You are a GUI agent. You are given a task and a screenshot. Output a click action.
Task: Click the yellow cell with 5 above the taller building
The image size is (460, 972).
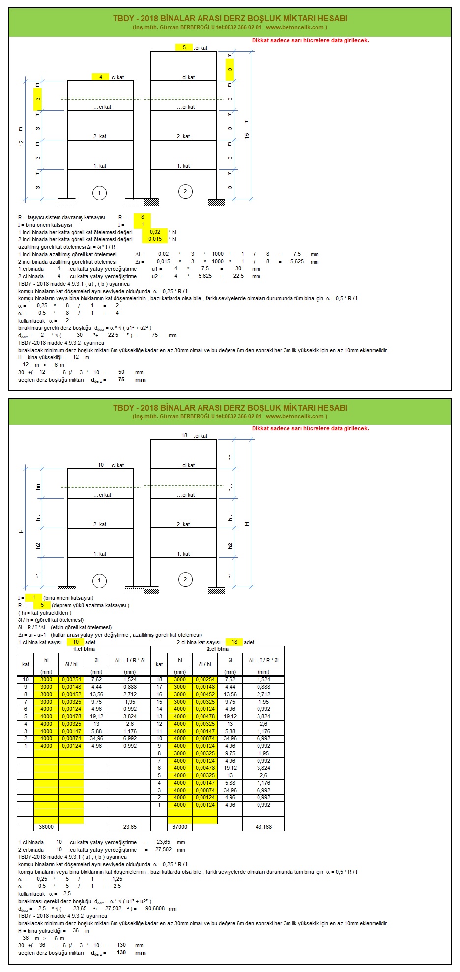(184, 47)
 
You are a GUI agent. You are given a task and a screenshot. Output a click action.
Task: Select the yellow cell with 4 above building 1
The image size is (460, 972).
(101, 77)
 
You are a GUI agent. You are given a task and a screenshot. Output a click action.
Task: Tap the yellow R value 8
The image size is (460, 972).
(143, 217)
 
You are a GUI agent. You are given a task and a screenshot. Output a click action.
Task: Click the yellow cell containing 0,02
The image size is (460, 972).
(155, 232)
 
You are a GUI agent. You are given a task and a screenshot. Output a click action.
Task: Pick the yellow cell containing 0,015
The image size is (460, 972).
(155, 239)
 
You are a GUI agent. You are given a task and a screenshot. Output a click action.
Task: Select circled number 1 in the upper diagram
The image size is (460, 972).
(99, 193)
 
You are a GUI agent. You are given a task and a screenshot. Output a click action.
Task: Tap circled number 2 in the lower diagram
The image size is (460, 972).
(185, 579)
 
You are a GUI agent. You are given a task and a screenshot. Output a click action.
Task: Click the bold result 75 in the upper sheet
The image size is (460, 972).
(121, 379)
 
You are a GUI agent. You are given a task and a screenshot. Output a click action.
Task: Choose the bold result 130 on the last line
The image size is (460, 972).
(121, 952)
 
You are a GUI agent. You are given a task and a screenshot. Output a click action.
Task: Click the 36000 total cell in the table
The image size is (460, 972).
(46, 827)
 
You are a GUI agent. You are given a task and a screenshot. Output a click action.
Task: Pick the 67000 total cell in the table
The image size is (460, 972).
(180, 827)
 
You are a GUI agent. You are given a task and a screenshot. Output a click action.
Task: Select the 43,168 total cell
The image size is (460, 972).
(263, 827)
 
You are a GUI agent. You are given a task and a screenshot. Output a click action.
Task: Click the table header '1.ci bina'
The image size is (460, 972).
(84, 649)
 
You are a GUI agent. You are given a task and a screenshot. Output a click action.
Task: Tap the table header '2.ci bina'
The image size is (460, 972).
(217, 649)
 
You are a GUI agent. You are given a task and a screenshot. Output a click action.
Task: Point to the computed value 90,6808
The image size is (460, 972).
(155, 908)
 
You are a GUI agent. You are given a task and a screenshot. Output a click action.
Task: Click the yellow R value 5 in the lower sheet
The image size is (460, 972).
(42, 605)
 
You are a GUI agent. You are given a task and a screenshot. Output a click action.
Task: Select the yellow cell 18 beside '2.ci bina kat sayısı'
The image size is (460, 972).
(234, 642)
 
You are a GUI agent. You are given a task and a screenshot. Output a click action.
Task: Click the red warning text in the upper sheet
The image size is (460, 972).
(310, 40)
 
